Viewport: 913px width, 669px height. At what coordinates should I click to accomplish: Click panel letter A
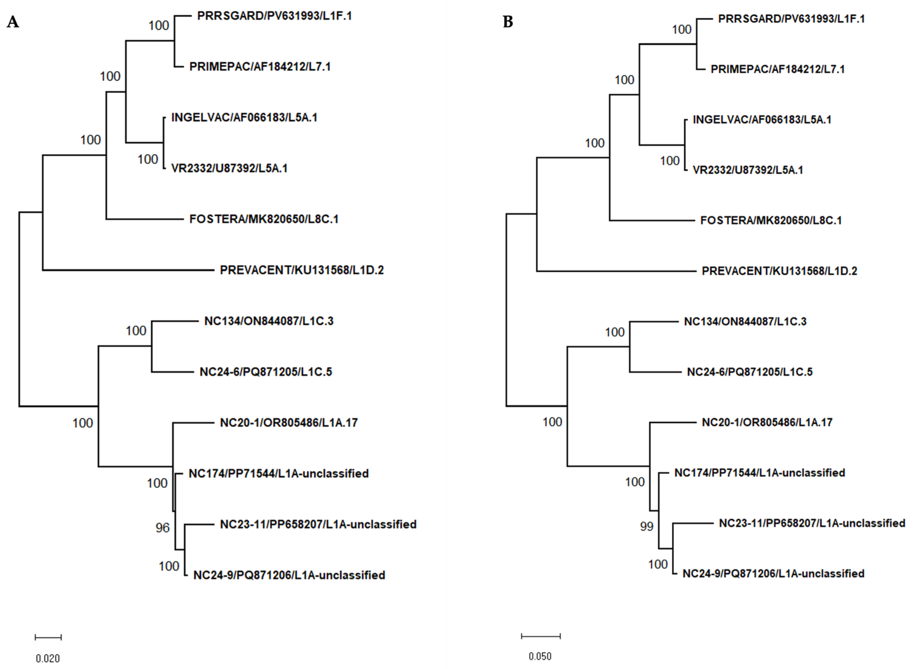(x=13, y=22)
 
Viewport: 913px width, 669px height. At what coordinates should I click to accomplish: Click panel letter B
(x=508, y=22)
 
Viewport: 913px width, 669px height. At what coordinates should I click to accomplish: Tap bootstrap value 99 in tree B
(x=646, y=527)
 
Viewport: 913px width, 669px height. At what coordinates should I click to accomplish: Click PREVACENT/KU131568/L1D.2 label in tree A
(x=301, y=270)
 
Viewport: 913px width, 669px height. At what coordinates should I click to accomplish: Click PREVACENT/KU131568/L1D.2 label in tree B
(x=779, y=271)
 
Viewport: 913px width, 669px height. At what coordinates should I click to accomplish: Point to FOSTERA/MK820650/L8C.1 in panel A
(x=264, y=219)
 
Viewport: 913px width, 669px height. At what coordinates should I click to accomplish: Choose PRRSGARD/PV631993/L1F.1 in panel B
(x=791, y=19)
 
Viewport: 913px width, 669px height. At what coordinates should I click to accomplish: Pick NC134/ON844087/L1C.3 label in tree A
(x=268, y=321)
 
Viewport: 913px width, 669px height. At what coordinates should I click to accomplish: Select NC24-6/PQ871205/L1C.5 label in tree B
(x=749, y=372)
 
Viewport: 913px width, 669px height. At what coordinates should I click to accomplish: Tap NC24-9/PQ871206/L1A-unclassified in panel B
(x=773, y=574)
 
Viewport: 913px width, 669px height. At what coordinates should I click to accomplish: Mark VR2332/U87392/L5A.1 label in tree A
(x=229, y=168)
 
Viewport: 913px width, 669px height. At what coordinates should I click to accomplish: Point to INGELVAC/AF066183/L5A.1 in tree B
(x=762, y=120)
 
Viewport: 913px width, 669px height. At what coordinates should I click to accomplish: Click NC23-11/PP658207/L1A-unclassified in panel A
(x=318, y=524)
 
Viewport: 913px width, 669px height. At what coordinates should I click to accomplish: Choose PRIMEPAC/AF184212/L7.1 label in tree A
(x=260, y=66)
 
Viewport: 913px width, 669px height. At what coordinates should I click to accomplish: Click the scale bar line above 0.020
(x=48, y=637)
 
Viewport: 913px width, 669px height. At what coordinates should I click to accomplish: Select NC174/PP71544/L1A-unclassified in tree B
(x=760, y=473)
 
